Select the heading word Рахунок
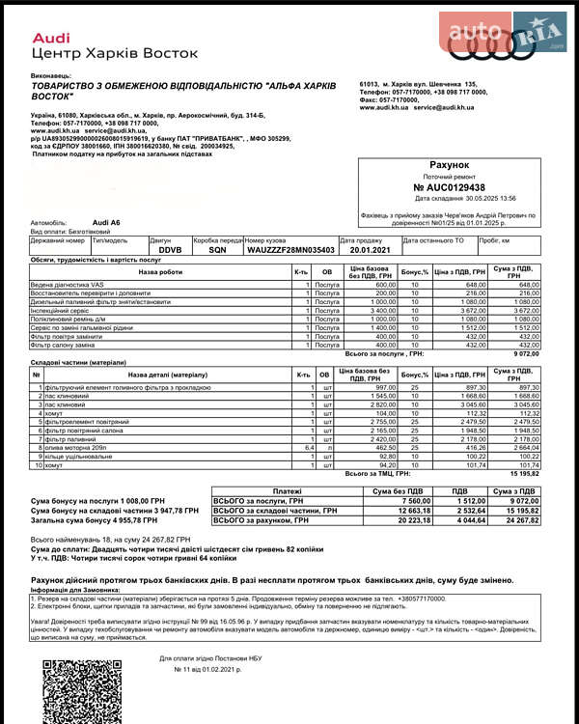click(x=449, y=166)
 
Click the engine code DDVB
click(x=170, y=248)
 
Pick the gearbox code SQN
click(x=217, y=248)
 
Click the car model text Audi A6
click(x=106, y=222)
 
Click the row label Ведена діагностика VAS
click(x=68, y=285)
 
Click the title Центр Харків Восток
click(x=115, y=53)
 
